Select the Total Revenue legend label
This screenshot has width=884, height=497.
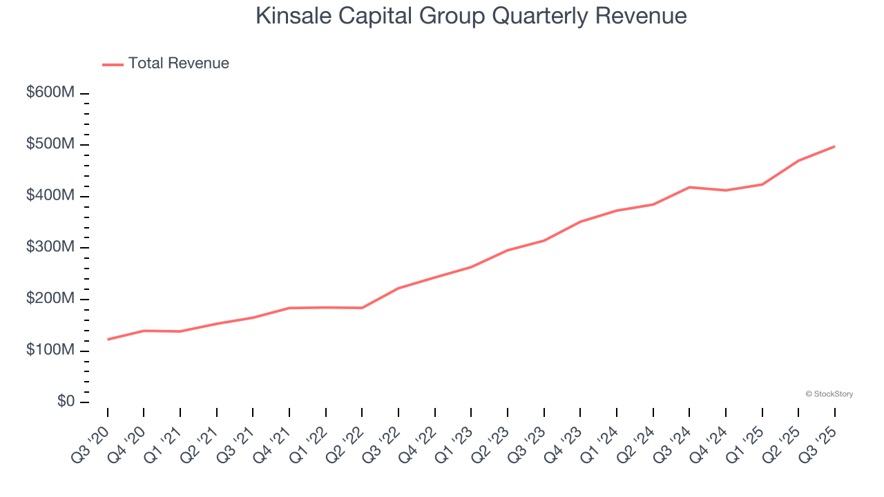click(x=178, y=64)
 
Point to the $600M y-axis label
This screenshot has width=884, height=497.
click(x=50, y=93)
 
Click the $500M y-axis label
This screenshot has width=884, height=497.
click(x=50, y=145)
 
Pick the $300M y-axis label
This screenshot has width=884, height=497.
click(x=50, y=248)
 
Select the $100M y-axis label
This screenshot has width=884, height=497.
click(x=50, y=351)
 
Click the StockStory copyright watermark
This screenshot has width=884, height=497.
click(x=829, y=394)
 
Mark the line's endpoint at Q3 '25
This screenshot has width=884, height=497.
click(x=834, y=146)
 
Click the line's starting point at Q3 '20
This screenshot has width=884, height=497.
click(x=108, y=339)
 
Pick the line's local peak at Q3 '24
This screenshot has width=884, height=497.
click(x=689, y=187)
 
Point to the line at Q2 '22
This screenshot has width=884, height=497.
click(x=362, y=308)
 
